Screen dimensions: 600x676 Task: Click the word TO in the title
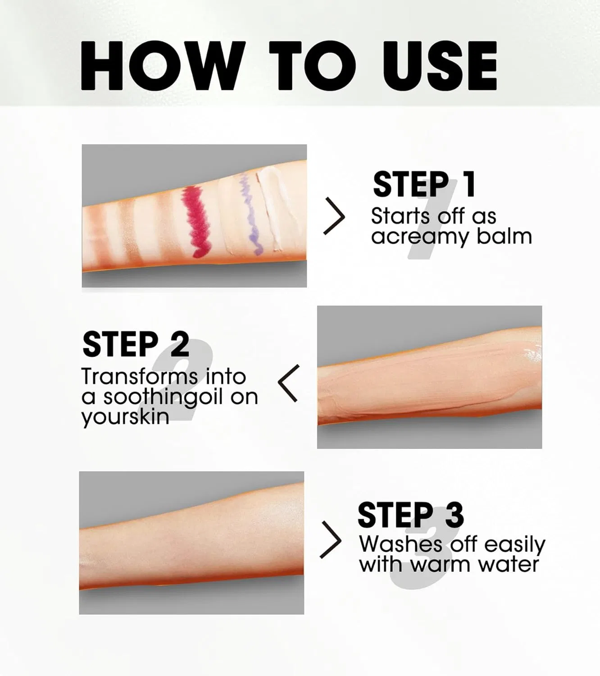(313, 65)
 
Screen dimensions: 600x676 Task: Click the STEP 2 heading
(136, 344)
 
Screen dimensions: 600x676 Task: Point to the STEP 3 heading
(410, 515)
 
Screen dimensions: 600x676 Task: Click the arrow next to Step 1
(335, 216)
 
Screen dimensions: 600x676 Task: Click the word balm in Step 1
(504, 237)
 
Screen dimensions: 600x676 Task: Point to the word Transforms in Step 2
(140, 377)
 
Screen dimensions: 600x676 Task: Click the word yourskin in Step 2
(125, 417)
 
